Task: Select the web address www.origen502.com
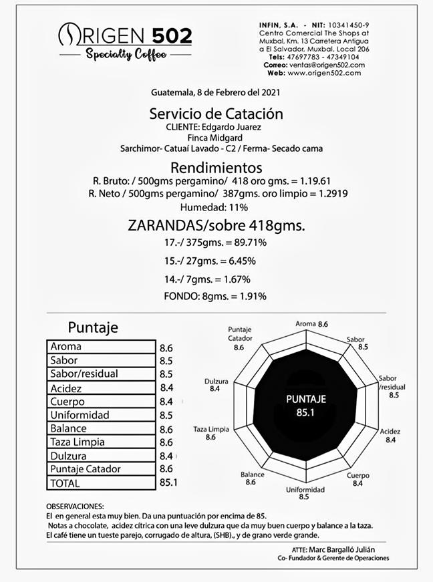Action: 325,73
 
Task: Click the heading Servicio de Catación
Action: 216,114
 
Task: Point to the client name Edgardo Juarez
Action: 241,126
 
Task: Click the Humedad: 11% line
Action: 216,207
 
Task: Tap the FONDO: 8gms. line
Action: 215,296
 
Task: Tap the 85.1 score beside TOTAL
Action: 168,482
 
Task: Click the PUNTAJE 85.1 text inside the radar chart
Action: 305,405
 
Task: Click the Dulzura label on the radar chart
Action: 216,385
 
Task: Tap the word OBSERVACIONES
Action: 75,507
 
